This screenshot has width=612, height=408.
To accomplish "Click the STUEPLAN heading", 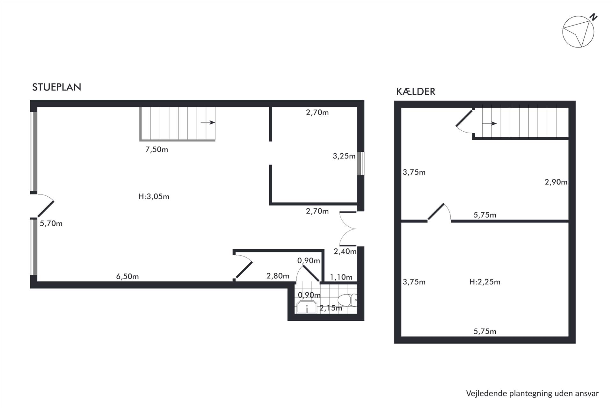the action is (x=57, y=87).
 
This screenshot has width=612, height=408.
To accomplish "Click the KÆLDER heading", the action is (x=416, y=91).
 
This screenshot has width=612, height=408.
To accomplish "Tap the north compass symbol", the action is (x=579, y=32).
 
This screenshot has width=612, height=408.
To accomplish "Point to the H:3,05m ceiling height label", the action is (x=154, y=196).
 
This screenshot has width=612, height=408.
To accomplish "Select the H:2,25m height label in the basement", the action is (x=485, y=282).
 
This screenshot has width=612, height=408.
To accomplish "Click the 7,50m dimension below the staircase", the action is (x=157, y=149).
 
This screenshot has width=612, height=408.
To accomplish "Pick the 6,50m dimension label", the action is (x=127, y=276).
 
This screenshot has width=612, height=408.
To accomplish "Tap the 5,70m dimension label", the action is (x=51, y=223).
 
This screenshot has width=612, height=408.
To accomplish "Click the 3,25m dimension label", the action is (x=344, y=156).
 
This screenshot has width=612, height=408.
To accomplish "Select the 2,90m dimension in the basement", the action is (x=556, y=182).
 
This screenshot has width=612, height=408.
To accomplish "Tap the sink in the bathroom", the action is (x=307, y=307).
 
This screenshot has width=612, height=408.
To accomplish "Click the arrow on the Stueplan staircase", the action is (x=208, y=122).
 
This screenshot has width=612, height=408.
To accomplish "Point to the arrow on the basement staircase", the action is (x=489, y=123).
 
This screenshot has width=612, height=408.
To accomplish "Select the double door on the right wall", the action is (x=348, y=229).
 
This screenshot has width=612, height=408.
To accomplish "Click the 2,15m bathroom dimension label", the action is (x=331, y=308).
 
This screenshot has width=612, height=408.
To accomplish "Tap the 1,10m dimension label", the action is (x=341, y=277).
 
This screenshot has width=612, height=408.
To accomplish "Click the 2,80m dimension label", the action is (x=278, y=276).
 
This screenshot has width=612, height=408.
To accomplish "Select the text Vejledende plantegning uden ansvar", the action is (x=532, y=393).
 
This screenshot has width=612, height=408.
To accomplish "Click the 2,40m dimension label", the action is (x=345, y=251).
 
